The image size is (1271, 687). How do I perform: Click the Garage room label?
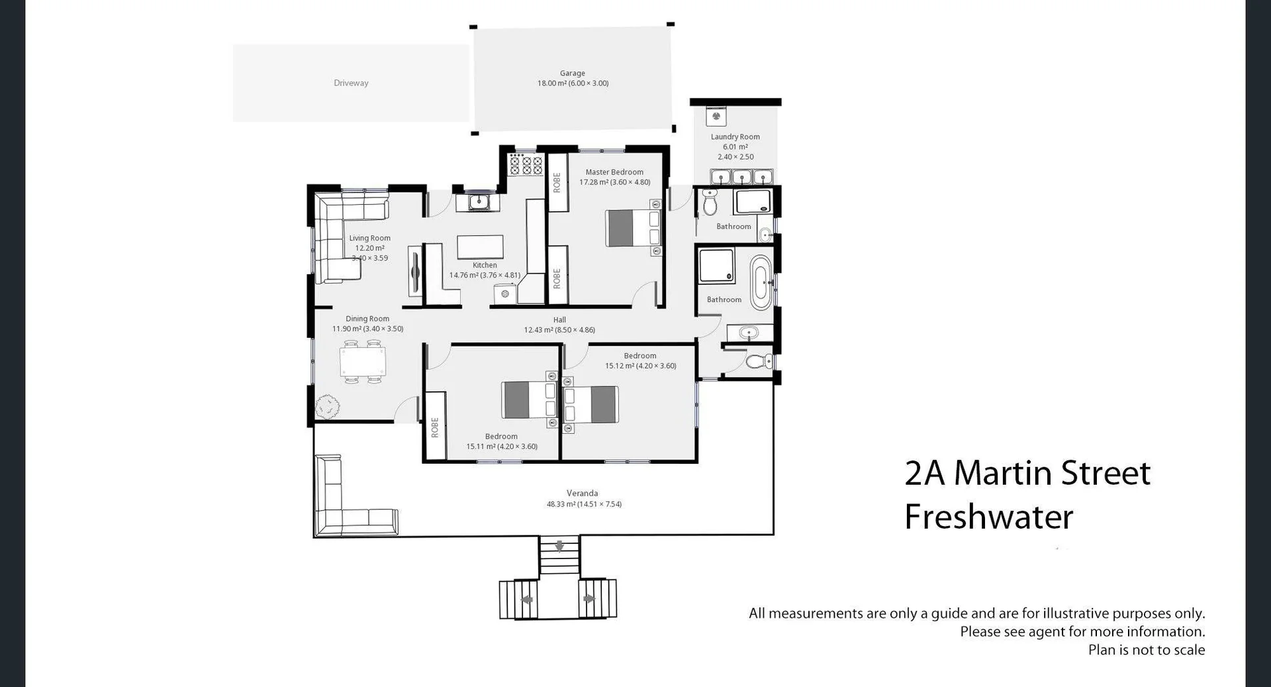tap(572, 74)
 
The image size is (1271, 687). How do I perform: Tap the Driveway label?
tap(351, 83)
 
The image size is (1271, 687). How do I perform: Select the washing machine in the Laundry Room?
tap(716, 117)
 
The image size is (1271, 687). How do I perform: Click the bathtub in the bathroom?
tap(761, 283)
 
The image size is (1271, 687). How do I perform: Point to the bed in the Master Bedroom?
tap(633, 228)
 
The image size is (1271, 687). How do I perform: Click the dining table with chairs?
tap(362, 362)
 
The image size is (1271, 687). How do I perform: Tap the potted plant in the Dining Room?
tap(327, 406)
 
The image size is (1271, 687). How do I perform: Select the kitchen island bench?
tap(480, 246)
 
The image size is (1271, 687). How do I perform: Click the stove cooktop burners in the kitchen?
tap(527, 165)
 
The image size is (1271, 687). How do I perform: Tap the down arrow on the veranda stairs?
tap(559, 547)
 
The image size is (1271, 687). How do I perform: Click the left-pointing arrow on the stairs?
tap(528, 600)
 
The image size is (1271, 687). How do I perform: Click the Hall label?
tap(559, 320)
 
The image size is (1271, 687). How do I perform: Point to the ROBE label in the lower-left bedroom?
tap(435, 427)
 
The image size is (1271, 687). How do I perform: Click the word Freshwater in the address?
tap(988, 517)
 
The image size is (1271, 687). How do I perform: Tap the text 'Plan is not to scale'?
tap(1146, 650)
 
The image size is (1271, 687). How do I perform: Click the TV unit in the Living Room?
tap(415, 271)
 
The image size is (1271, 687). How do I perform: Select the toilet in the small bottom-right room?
tap(758, 361)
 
